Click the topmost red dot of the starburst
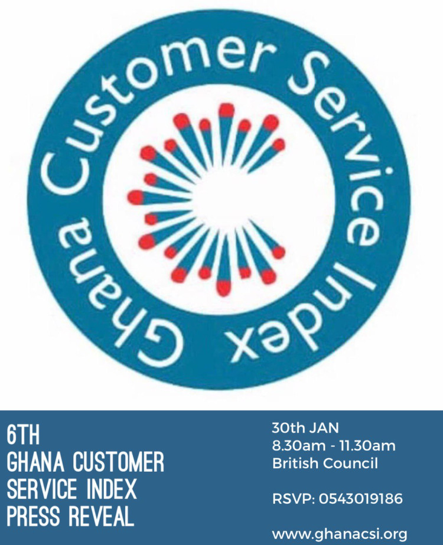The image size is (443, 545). pyautogui.click(x=226, y=110)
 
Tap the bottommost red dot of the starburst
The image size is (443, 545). pyautogui.click(x=224, y=288)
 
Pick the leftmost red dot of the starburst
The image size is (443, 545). pyautogui.click(x=135, y=197)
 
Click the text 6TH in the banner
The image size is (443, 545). pyautogui.click(x=23, y=435)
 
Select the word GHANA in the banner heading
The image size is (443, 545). pyautogui.click(x=35, y=462)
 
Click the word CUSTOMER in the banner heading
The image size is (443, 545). pyautogui.click(x=118, y=462)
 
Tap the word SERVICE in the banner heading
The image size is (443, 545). pyautogui.click(x=42, y=489)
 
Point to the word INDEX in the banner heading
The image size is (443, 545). pyautogui.click(x=111, y=489)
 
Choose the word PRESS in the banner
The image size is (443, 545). pyautogui.click(x=34, y=517)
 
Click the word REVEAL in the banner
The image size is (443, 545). pyautogui.click(x=101, y=517)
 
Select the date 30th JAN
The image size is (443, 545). pyautogui.click(x=305, y=428)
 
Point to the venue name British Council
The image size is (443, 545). pyautogui.click(x=325, y=464)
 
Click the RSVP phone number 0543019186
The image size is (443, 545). pyautogui.click(x=360, y=499)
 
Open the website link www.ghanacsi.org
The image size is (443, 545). pyautogui.click(x=340, y=534)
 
